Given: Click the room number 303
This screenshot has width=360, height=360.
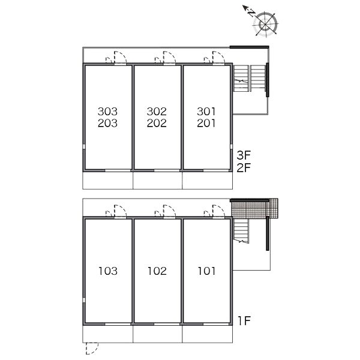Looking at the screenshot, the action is point(107,112).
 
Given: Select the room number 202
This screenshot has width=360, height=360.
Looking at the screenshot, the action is point(157,123).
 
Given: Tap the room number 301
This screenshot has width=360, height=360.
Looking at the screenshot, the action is point(206,112).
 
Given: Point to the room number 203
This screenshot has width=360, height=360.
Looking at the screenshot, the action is point(107,123).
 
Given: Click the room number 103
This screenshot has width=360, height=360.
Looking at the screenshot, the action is point(108,271).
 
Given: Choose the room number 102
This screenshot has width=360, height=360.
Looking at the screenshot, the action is point(157,271).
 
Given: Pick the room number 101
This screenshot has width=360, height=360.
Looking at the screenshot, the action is point(206,271).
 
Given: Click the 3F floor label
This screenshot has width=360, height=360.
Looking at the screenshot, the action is point(244,155).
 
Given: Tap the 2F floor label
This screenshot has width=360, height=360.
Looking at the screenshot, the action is point(244,167).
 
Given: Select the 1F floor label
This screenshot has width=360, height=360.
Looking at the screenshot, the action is point(244,321).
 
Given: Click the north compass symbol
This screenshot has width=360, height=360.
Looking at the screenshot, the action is point(265,24).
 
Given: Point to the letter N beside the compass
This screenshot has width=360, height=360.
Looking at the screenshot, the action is point(251,13).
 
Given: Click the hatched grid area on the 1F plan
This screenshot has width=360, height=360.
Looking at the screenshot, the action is point(255,209).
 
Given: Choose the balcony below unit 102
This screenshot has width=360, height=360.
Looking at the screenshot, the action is point(157,334).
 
